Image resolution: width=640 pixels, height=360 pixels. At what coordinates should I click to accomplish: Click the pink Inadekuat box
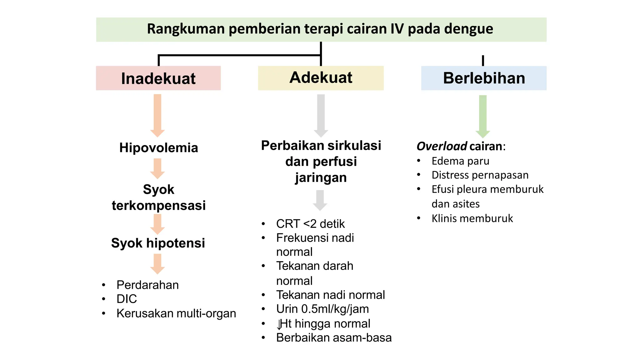click(158, 78)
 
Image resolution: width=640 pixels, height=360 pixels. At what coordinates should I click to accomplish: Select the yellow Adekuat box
click(321, 78)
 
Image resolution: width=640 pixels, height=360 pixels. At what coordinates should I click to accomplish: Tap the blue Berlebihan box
click(484, 78)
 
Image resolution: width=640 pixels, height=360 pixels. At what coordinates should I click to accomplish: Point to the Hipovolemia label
click(158, 147)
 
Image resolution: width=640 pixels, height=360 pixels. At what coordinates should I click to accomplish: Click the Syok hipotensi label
click(158, 243)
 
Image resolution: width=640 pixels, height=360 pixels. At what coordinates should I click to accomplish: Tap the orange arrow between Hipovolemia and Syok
click(157, 168)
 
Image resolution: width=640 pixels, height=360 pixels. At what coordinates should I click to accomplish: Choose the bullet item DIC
click(127, 299)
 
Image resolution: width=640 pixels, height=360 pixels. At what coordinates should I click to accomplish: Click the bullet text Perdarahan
click(147, 285)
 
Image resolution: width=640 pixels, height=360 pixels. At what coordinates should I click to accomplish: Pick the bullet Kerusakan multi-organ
click(176, 313)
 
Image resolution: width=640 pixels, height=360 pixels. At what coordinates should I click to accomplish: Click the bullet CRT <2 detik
click(310, 224)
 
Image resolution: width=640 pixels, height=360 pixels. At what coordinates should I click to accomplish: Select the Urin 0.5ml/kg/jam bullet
click(322, 309)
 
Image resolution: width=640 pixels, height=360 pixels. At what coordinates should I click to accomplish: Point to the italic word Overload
click(442, 146)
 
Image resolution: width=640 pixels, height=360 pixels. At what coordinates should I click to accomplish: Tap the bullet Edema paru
click(460, 161)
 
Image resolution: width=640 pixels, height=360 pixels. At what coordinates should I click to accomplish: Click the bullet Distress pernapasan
click(480, 175)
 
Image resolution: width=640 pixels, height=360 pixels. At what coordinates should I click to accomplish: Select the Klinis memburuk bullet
click(472, 218)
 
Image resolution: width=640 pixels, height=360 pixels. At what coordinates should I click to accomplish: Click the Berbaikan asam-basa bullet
click(333, 338)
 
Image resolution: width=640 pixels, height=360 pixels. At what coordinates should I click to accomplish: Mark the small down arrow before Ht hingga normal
click(278, 324)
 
